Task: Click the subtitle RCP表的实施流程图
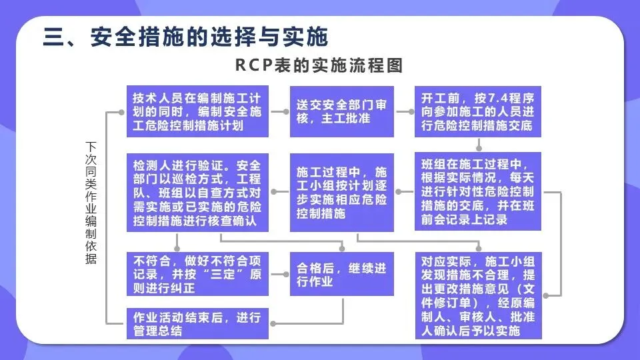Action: click(x=320, y=66)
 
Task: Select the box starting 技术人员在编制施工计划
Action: click(x=197, y=111)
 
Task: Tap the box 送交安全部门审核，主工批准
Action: click(x=341, y=111)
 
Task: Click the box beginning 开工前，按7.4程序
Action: click(x=477, y=111)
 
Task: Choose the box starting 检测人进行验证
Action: click(x=197, y=193)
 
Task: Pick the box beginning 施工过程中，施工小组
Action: click(x=341, y=193)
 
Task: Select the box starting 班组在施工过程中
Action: click(x=477, y=193)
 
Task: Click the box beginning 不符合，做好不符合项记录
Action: click(x=197, y=274)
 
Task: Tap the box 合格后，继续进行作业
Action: click(x=341, y=274)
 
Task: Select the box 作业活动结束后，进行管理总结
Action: click(x=197, y=323)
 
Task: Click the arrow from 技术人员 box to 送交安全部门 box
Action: click(x=279, y=111)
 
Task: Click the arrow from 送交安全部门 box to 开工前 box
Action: click(x=404, y=111)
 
